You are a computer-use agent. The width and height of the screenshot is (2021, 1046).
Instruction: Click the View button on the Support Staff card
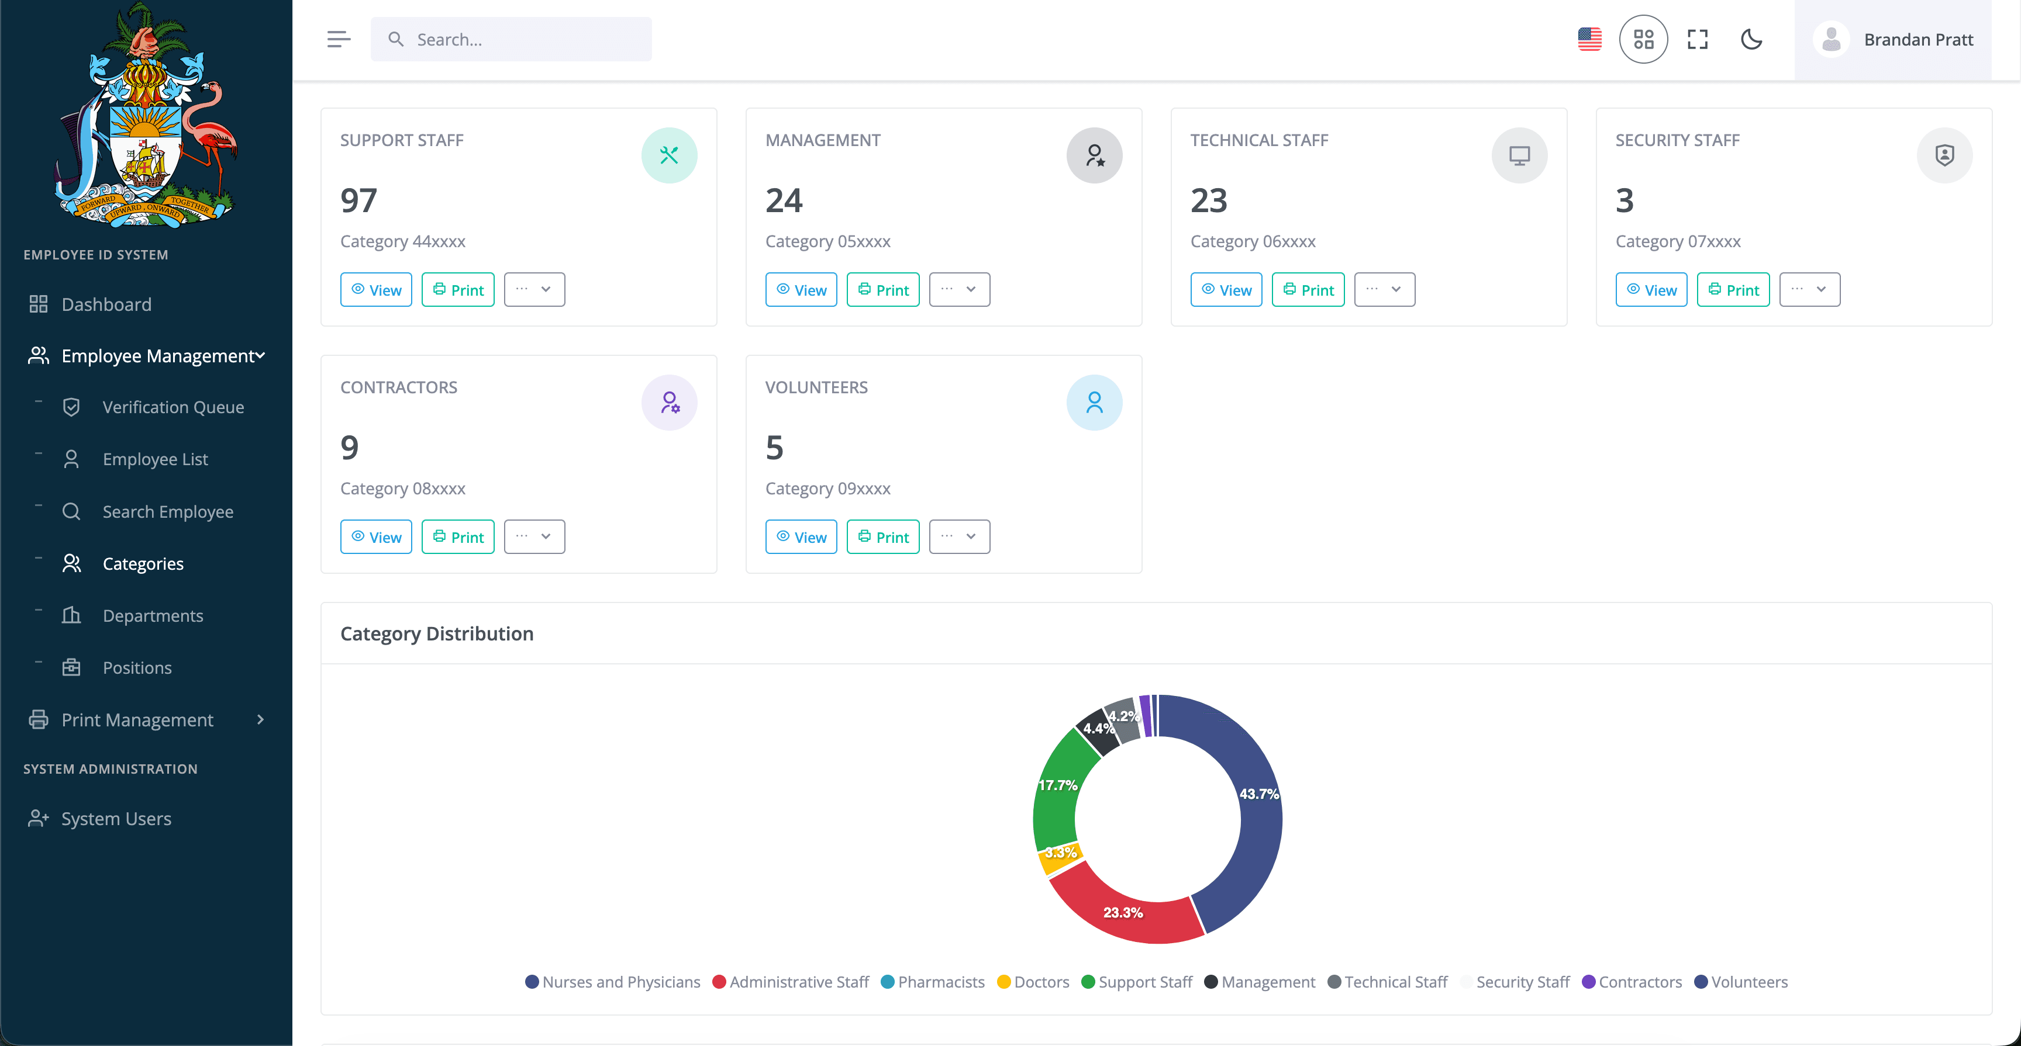pyautogui.click(x=376, y=290)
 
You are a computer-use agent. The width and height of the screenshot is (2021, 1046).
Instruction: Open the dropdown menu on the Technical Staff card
pyautogui.click(x=1384, y=289)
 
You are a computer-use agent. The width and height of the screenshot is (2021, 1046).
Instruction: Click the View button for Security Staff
pyautogui.click(x=1651, y=290)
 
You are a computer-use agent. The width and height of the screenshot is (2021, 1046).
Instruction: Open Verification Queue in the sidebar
pyautogui.click(x=173, y=407)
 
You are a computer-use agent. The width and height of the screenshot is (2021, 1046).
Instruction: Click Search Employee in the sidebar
pyautogui.click(x=167, y=511)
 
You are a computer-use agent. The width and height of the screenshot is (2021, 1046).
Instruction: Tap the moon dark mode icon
pyautogui.click(x=1751, y=39)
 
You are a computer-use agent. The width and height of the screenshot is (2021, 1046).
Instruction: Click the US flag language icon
pyautogui.click(x=1589, y=39)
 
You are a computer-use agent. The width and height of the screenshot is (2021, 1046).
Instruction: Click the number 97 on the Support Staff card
pyautogui.click(x=358, y=201)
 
